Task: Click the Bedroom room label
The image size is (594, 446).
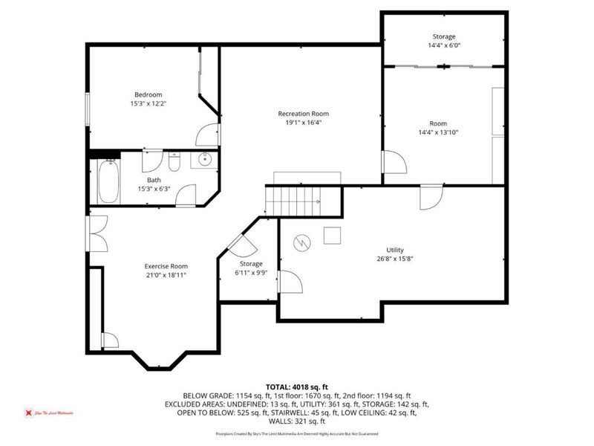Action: click(x=148, y=94)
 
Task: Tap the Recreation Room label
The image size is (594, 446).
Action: click(x=303, y=114)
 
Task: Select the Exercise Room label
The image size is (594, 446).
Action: click(x=166, y=266)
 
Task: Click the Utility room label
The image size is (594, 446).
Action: click(x=394, y=251)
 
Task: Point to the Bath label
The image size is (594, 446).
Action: click(x=154, y=180)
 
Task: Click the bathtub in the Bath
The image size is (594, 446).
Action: click(x=108, y=183)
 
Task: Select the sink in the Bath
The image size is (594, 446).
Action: click(x=205, y=160)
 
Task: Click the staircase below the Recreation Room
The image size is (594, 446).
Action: click(x=294, y=199)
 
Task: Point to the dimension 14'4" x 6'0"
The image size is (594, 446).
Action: click(x=444, y=45)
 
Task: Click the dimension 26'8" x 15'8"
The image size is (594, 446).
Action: click(x=394, y=259)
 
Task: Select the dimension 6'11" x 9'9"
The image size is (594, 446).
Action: click(x=250, y=273)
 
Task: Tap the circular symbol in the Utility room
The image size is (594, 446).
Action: click(x=301, y=242)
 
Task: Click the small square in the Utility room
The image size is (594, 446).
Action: click(x=331, y=235)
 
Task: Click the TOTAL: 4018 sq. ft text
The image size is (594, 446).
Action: click(x=297, y=387)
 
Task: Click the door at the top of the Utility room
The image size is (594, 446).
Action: click(x=430, y=198)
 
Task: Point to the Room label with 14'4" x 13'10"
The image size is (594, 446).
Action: click(x=438, y=123)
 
